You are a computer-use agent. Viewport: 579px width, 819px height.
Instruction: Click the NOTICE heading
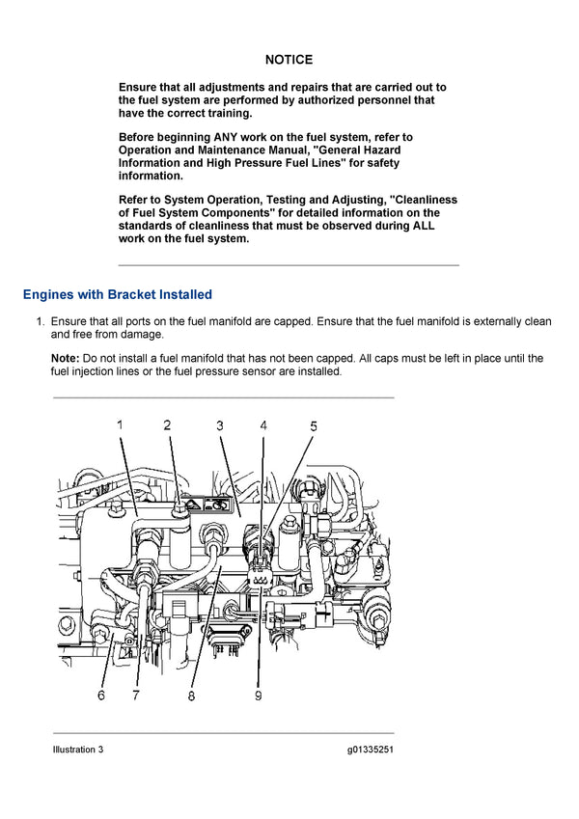(x=289, y=60)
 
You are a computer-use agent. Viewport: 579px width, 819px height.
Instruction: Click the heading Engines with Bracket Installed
(x=117, y=294)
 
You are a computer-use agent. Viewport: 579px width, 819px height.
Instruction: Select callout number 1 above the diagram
(x=121, y=424)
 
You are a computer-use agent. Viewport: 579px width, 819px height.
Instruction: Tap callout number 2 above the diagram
(x=167, y=424)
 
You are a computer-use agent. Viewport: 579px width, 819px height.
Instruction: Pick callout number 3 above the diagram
(x=220, y=424)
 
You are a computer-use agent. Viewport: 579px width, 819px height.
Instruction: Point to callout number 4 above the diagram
(x=263, y=424)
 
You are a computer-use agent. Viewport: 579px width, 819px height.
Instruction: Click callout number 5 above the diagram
(x=313, y=424)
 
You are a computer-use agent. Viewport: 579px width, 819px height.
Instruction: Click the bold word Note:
(x=67, y=358)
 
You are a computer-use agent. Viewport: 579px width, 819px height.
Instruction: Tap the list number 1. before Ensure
(x=41, y=321)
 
